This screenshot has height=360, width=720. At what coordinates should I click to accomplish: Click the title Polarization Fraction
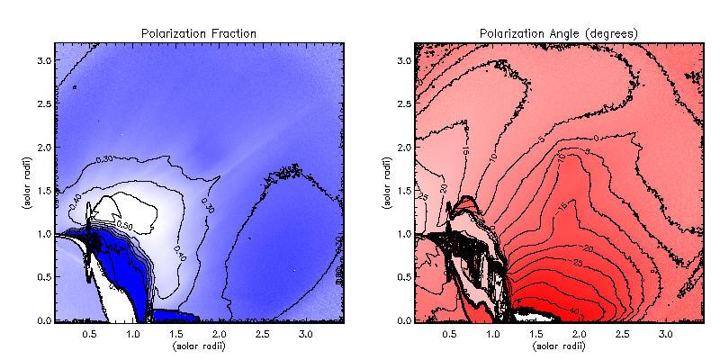(199, 33)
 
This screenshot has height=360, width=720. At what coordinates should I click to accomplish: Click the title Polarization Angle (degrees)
(559, 33)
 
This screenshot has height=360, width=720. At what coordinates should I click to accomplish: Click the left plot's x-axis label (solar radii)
(199, 344)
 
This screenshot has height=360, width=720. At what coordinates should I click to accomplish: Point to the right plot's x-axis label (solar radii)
(559, 344)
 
